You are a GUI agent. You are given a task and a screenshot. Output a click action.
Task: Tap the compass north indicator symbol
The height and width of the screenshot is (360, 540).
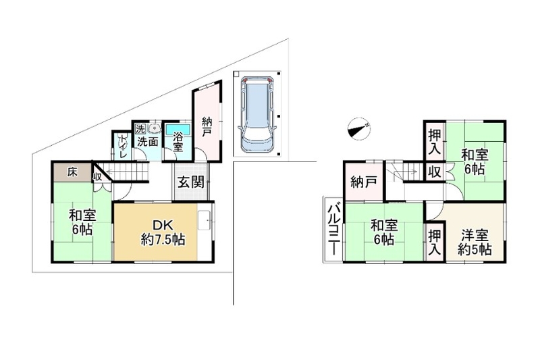point(359,128)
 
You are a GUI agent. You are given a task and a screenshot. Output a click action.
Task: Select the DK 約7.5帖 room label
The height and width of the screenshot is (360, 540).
point(163,232)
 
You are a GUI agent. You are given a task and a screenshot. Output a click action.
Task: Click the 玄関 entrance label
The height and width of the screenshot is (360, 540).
point(191,182)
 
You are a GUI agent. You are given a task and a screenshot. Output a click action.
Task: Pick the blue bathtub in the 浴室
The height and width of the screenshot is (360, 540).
point(178,129)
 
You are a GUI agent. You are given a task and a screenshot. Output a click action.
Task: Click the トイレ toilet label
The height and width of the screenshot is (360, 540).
point(123,146)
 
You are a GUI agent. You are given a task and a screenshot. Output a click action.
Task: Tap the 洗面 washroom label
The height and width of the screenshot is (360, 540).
point(148,142)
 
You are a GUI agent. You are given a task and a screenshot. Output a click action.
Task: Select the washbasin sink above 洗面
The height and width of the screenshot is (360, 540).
point(155,128)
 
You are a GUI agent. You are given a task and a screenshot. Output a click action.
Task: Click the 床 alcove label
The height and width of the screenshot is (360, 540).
point(72,172)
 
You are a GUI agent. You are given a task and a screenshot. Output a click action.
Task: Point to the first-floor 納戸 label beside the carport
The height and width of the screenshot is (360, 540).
point(207,127)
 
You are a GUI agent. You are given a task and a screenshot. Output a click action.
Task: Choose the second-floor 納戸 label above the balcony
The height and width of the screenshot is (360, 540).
point(364,182)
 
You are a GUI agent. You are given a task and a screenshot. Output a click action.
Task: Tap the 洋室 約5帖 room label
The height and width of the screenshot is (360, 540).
point(475,242)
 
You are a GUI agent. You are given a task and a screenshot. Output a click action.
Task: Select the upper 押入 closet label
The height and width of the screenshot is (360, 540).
point(435,141)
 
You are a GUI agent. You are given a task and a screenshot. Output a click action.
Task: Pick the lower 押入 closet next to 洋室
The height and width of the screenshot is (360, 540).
point(434,242)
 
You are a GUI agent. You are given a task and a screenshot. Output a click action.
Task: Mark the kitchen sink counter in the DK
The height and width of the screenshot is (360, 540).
point(205,220)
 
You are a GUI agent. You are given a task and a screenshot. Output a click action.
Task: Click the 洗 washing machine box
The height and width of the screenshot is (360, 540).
point(140,129)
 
